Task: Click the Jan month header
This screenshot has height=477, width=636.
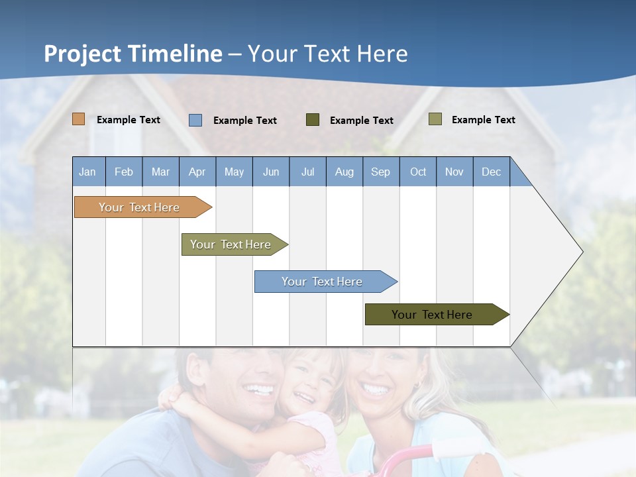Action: pos(87,172)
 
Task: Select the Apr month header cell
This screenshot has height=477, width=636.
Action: pos(197,172)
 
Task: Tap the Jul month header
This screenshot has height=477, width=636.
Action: pos(307,172)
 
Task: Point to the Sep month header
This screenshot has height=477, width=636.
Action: pos(380,172)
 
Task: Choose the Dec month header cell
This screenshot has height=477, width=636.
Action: pos(491,172)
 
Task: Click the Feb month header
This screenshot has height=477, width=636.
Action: pos(124,172)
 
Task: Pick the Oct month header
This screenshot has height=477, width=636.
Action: pos(418,172)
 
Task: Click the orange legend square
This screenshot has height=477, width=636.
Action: pos(79,119)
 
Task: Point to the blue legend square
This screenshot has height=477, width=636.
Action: pos(195,120)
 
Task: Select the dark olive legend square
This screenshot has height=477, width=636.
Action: pos(313,120)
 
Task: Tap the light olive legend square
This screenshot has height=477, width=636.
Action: pos(435,119)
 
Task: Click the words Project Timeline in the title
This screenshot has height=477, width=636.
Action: pos(133,54)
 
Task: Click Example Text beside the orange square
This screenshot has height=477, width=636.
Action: pos(129,120)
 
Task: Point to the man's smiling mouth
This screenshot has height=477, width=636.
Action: pos(259,390)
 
